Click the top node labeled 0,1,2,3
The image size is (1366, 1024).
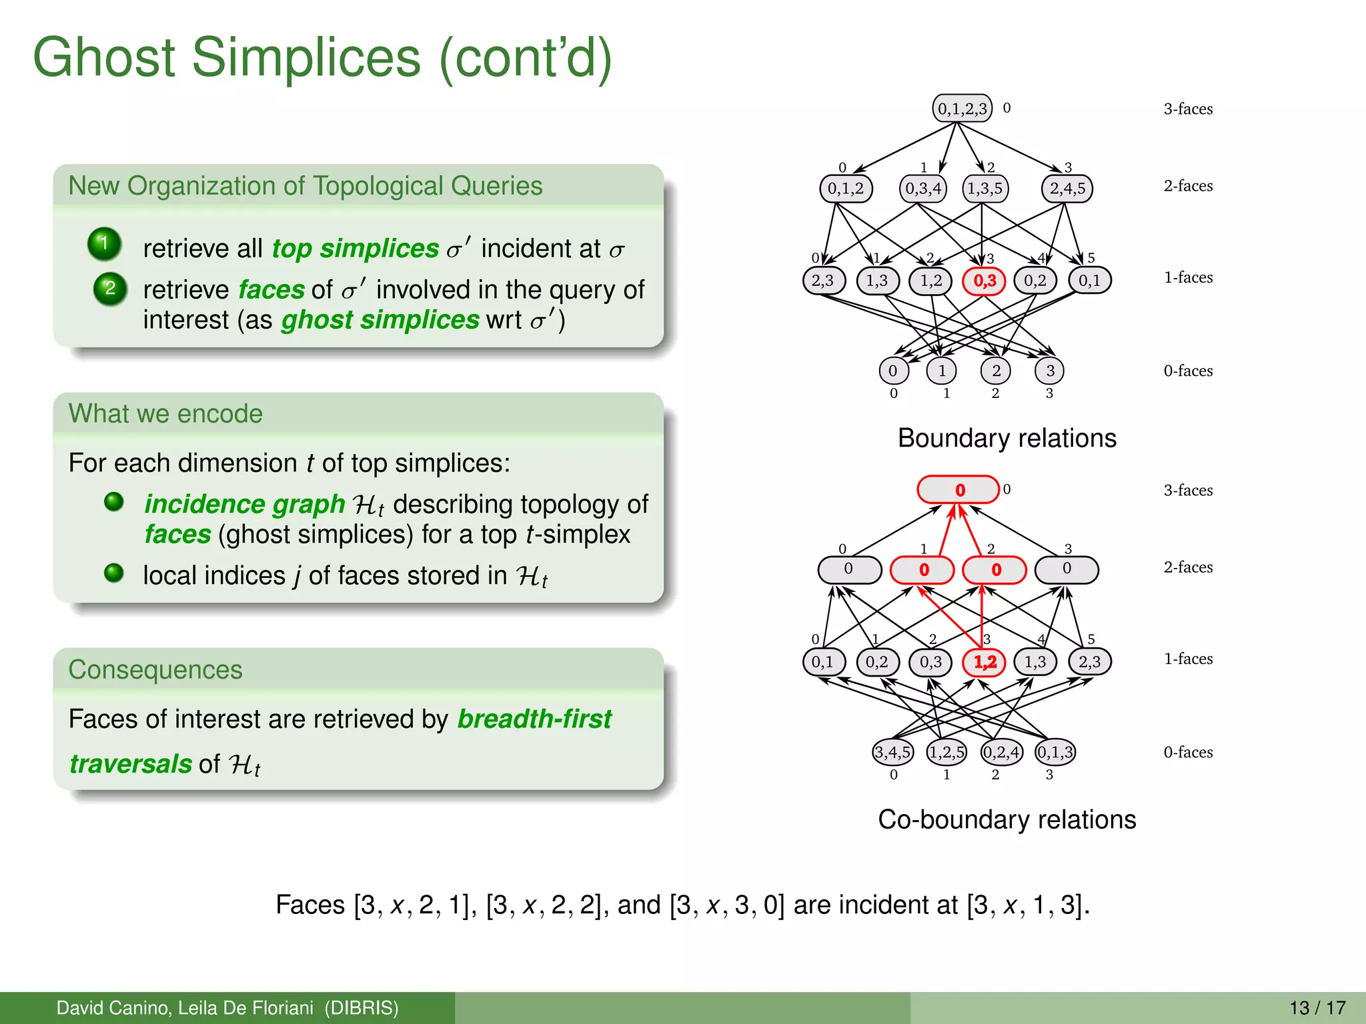(x=962, y=108)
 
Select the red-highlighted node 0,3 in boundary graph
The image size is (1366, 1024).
(x=984, y=281)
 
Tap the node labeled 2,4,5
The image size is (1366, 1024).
(x=1067, y=189)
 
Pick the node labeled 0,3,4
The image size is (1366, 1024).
(x=923, y=189)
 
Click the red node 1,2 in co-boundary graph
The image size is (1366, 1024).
(x=984, y=662)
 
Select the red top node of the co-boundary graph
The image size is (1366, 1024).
(x=958, y=490)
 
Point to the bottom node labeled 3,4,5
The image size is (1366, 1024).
(x=892, y=753)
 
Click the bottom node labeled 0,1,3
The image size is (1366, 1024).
(x=1055, y=753)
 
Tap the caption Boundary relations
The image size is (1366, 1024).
(x=1006, y=439)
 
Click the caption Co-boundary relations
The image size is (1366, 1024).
(x=1006, y=820)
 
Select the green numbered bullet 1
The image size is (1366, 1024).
(x=104, y=243)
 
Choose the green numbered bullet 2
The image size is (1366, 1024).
(x=110, y=289)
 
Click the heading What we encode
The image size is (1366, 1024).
(x=165, y=414)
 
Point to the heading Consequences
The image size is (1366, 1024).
(x=155, y=670)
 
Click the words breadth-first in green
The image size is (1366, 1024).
(x=534, y=719)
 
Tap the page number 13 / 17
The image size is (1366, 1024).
(x=1317, y=1007)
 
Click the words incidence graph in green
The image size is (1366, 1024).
(x=244, y=504)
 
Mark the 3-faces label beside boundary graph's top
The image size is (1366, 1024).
(x=1188, y=109)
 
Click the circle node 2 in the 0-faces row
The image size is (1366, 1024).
(x=996, y=371)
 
